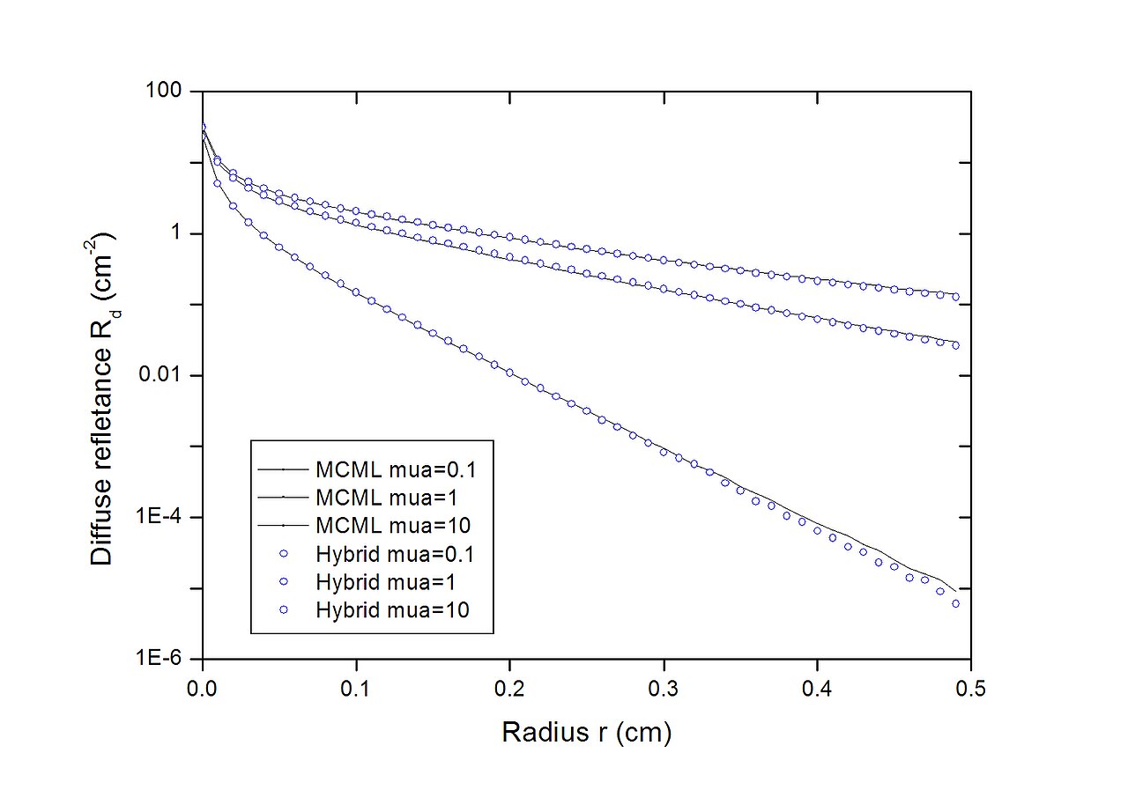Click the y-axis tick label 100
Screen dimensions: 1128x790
(163, 90)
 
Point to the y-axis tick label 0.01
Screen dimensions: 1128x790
(160, 374)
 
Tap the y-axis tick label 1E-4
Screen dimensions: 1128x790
(159, 516)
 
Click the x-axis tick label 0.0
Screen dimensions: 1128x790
(202, 689)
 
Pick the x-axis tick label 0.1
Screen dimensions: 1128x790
(355, 689)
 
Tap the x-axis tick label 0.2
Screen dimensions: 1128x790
(509, 689)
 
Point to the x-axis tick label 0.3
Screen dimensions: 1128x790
(664, 689)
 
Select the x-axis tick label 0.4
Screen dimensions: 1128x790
(817, 689)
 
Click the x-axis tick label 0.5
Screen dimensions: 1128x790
(970, 689)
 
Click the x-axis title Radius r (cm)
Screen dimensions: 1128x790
(587, 733)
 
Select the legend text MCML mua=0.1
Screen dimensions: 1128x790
(396, 469)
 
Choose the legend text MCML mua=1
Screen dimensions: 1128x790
(387, 498)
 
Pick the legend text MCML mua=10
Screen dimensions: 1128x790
(393, 526)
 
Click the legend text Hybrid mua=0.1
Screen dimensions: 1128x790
(395, 555)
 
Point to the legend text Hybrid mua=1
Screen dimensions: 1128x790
(386, 582)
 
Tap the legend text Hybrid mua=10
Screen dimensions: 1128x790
(392, 610)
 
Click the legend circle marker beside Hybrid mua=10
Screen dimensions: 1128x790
(284, 609)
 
